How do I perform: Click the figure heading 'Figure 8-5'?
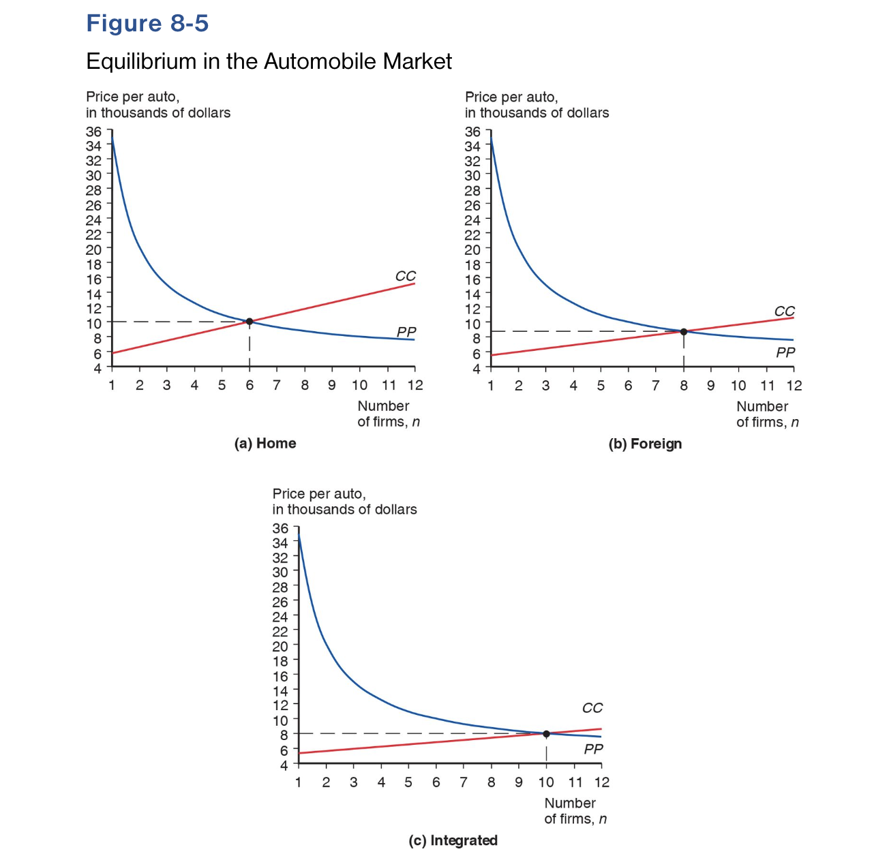coord(147,24)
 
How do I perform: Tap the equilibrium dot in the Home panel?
coord(250,322)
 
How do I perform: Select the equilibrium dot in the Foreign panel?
coord(684,332)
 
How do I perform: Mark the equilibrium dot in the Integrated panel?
coord(546,734)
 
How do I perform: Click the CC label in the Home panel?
coord(406,277)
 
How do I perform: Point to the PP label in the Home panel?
coord(406,332)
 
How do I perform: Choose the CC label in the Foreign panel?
coord(785,311)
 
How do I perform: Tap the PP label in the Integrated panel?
coord(593,750)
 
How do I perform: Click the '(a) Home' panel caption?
coord(265,444)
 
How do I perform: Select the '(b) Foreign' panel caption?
coord(645,444)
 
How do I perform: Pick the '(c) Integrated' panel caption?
coord(453,840)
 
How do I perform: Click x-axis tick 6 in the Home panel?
coord(250,386)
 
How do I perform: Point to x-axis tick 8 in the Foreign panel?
coord(684,386)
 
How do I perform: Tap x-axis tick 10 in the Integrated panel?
coord(546,782)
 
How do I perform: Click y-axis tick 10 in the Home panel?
coord(93,323)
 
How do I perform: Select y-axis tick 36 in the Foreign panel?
coord(472,132)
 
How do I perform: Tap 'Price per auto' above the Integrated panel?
coord(319,494)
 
